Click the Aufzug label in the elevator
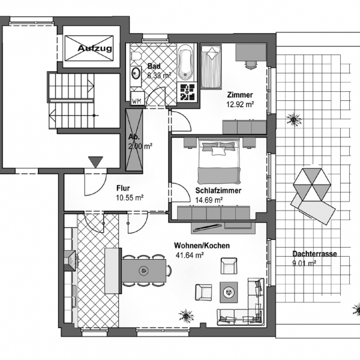(x=95, y=48)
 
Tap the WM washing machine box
(x=137, y=98)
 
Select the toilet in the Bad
(x=136, y=56)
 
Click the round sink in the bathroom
(x=136, y=73)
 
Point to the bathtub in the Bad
(x=186, y=62)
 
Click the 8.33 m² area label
(x=160, y=76)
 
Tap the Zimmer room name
(x=240, y=95)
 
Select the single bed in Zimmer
(x=211, y=66)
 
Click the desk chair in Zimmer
(x=251, y=65)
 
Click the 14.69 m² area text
(x=209, y=200)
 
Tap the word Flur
(x=123, y=188)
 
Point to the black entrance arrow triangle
(x=96, y=162)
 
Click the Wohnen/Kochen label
(x=202, y=245)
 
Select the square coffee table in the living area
(x=229, y=292)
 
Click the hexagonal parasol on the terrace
(x=312, y=184)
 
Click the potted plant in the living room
(x=186, y=316)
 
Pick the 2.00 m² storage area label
(x=140, y=146)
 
